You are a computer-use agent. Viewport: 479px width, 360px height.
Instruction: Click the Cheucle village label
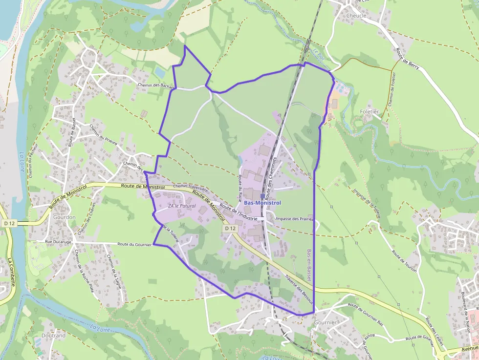(356, 16)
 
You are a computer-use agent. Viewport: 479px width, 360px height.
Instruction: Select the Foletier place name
(369, 111)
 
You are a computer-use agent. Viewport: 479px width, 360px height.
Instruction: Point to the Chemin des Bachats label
(156, 86)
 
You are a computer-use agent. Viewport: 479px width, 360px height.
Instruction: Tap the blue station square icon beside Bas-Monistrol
(262, 196)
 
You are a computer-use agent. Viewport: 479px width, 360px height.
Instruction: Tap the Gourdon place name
(65, 217)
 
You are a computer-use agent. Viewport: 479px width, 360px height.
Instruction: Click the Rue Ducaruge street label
(58, 242)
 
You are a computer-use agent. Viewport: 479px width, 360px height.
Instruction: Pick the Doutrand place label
(53, 336)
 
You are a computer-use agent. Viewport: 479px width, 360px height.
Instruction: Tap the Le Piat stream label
(319, 56)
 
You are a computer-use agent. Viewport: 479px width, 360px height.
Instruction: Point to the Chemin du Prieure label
(104, 134)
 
